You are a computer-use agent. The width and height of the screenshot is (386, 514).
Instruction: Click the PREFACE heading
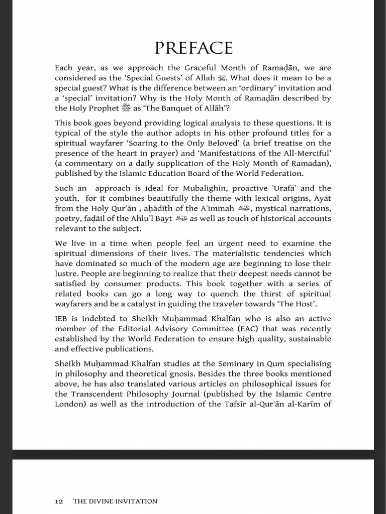tap(194, 48)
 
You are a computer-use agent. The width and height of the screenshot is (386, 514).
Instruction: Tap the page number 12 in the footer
tap(59, 501)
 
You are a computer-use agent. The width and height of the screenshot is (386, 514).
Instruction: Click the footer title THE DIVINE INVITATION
tap(115, 501)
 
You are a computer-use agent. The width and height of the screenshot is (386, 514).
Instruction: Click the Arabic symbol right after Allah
tap(223, 78)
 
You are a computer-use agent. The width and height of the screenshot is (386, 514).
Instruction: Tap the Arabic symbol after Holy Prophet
tap(126, 108)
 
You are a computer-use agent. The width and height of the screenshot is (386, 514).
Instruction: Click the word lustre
tap(67, 274)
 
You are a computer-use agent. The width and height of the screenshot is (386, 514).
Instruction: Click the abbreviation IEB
tap(62, 319)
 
